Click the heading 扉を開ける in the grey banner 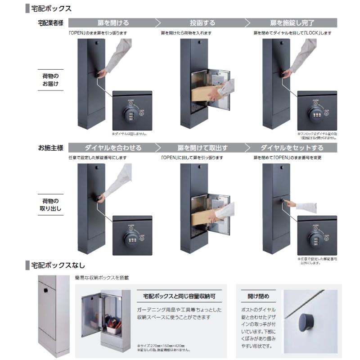[113, 22]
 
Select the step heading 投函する [202, 22]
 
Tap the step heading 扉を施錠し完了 [292, 22]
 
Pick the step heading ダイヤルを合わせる [113, 148]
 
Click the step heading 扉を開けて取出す [202, 148]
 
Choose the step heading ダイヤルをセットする [292, 148]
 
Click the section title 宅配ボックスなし [58, 265]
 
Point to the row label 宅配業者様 [51, 22]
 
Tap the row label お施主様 [51, 148]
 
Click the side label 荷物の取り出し [51, 204]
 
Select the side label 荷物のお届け [51, 80]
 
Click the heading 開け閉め [258, 296]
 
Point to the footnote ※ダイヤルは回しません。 [129, 134]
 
